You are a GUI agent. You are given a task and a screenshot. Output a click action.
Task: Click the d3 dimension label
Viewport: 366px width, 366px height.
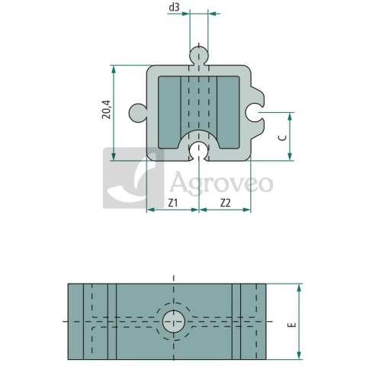coord(174,8)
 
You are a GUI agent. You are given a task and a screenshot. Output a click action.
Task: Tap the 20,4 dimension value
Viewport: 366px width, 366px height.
coord(107,110)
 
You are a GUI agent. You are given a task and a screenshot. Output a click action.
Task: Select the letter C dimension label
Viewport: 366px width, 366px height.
coord(283,138)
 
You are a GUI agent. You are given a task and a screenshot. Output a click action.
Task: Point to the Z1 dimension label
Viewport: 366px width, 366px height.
coord(173,203)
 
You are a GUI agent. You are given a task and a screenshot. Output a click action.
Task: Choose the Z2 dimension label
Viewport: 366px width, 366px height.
coord(225,203)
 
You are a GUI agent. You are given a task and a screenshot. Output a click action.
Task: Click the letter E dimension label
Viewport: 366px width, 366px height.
coord(293,325)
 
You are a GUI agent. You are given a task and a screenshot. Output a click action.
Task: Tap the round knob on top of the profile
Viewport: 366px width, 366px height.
coord(199,55)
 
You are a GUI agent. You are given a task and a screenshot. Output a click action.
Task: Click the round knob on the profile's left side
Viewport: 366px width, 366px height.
coord(137,113)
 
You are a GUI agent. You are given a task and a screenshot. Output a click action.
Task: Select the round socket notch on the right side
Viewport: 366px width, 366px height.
coord(254,112)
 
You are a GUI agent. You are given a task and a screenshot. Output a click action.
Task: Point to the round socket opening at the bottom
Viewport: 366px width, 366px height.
coord(199,151)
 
